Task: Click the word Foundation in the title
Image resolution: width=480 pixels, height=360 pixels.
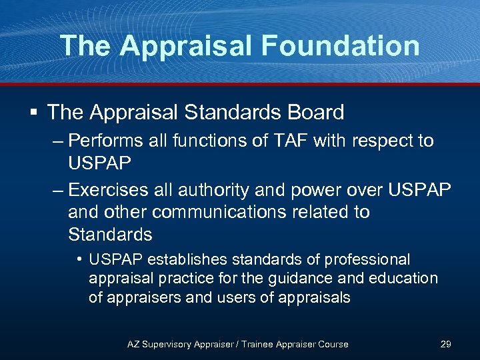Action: [x=341, y=46]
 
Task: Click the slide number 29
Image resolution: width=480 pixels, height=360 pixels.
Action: [x=446, y=344]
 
